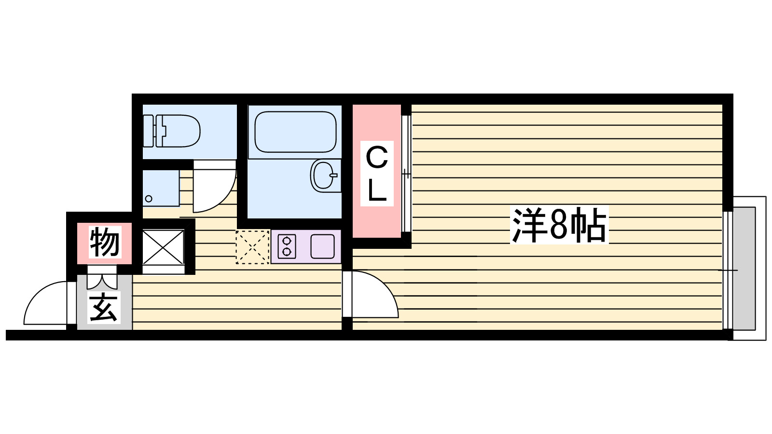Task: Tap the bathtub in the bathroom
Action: click(x=295, y=132)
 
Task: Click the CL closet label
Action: click(x=377, y=173)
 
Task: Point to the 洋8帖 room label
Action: click(x=559, y=225)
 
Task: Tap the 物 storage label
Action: click(x=104, y=243)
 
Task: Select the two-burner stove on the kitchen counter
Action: click(x=287, y=246)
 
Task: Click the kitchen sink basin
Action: click(x=322, y=246)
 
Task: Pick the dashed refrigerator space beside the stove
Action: click(x=252, y=247)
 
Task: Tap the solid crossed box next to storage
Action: click(x=163, y=247)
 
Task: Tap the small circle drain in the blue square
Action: click(x=149, y=199)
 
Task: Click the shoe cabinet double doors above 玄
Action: click(x=102, y=280)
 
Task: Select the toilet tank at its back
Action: click(x=149, y=131)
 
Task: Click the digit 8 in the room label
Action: click(x=558, y=225)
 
